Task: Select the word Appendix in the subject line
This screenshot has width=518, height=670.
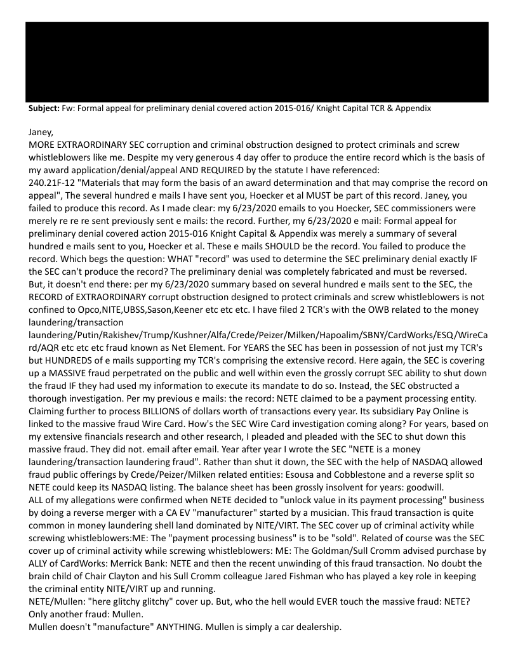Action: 411,108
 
